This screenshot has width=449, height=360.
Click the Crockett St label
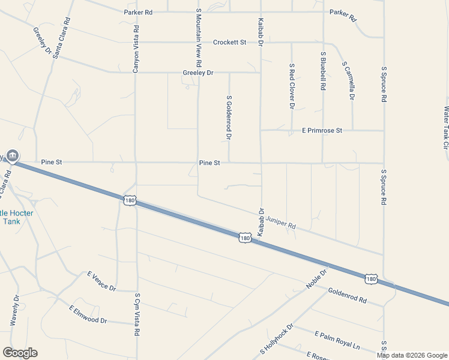(x=229, y=43)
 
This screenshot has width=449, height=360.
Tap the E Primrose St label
(x=322, y=130)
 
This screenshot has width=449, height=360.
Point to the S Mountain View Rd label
(x=198, y=37)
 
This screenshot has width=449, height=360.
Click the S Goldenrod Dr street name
(x=229, y=117)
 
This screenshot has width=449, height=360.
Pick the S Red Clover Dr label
(x=292, y=86)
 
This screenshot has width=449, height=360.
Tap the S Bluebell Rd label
(x=323, y=70)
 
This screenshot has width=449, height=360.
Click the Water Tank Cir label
(x=445, y=128)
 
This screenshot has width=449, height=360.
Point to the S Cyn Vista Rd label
(x=137, y=314)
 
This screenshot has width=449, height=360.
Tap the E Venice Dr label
(x=101, y=281)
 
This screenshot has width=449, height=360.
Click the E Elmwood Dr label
(x=88, y=314)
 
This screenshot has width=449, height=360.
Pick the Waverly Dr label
(x=15, y=310)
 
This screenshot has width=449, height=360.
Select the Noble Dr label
(x=316, y=278)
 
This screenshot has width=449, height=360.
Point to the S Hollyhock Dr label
(x=276, y=339)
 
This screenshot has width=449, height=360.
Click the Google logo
(x=20, y=353)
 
